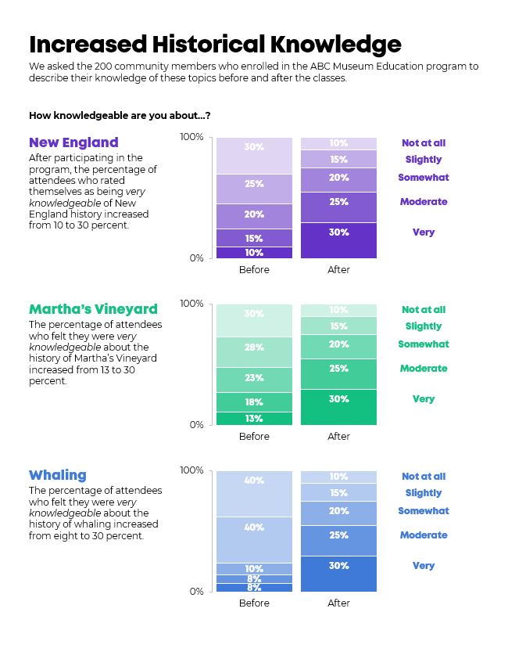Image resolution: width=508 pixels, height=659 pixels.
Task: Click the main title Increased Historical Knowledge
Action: [x=215, y=45]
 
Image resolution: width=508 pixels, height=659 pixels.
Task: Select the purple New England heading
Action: [x=73, y=142]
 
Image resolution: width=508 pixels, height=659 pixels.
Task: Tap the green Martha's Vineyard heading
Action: [x=93, y=309]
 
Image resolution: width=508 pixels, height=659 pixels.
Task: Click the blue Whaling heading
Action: [x=58, y=475]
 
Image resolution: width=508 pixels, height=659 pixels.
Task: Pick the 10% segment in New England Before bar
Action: [x=254, y=253]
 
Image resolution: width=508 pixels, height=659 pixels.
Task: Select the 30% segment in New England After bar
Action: [x=339, y=240]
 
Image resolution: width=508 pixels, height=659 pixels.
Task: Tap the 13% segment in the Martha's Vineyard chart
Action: [x=254, y=419]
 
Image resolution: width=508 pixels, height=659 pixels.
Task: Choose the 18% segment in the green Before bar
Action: [x=254, y=402]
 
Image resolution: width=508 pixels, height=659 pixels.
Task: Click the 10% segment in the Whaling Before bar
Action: [x=254, y=569]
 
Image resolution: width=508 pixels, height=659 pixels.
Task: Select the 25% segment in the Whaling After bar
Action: [x=339, y=541]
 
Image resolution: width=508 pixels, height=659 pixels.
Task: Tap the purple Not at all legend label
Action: [x=424, y=143]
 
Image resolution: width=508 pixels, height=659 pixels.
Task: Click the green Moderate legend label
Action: [x=424, y=368]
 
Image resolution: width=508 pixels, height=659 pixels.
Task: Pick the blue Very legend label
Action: [x=424, y=566]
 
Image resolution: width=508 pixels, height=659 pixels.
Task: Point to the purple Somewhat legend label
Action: [x=424, y=178]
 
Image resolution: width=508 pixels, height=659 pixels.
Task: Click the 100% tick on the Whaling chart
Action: [x=191, y=470]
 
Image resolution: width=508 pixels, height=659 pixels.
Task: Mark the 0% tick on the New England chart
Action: [x=196, y=258]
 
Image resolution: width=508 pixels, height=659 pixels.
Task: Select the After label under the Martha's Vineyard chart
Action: [x=339, y=436]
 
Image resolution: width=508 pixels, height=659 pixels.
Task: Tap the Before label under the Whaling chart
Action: [x=254, y=603]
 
